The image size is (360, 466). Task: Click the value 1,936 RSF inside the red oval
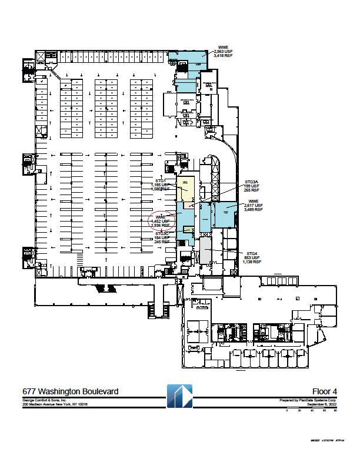(x=161, y=225)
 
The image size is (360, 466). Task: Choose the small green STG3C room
(x=188, y=230)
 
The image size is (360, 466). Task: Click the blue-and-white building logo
(x=179, y=397)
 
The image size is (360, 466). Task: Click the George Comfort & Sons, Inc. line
(x=46, y=400)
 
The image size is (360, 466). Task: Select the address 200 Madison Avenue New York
(x=55, y=404)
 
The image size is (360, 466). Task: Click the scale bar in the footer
(x=311, y=410)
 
